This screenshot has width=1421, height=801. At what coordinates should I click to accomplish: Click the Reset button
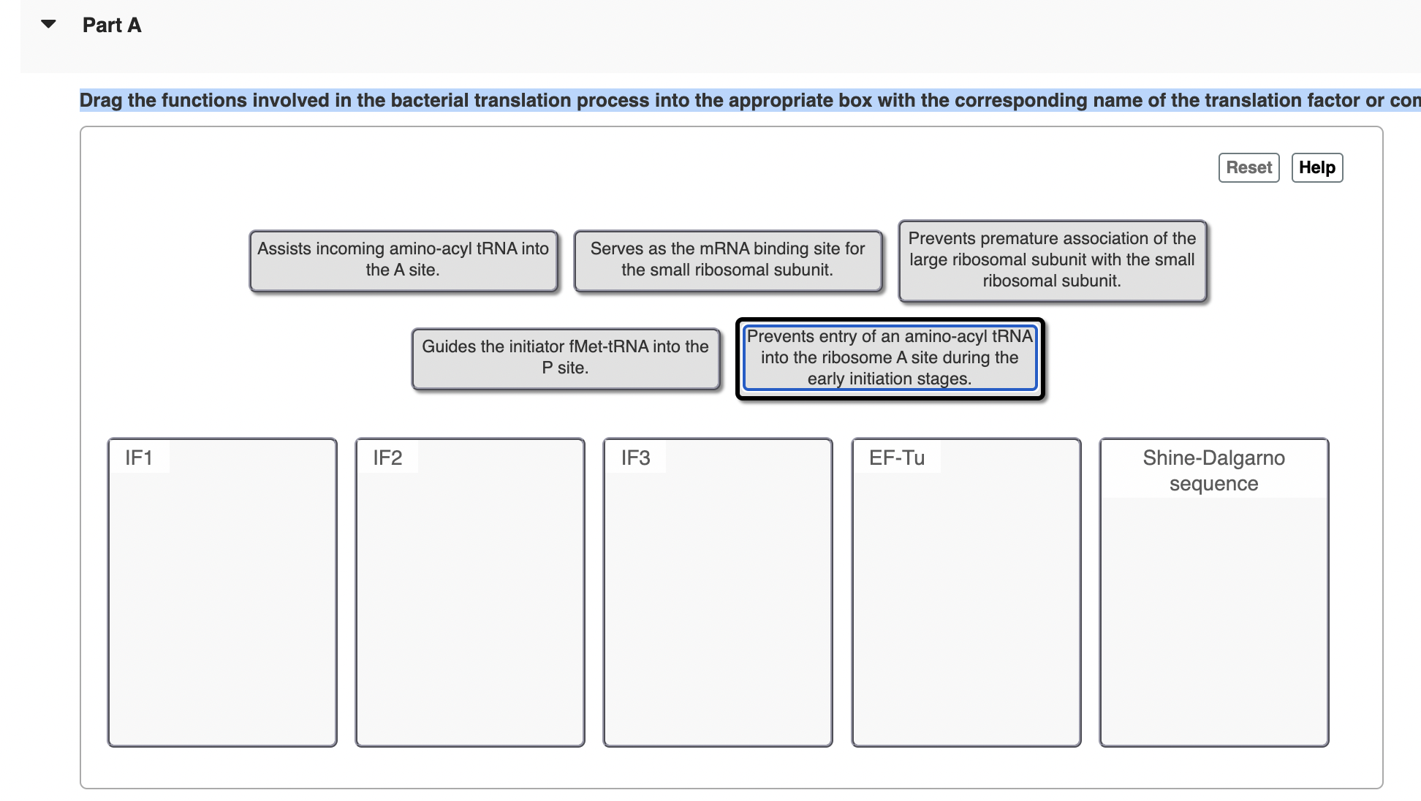pos(1248,167)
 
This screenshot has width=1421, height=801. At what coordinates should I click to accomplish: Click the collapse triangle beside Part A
pos(48,24)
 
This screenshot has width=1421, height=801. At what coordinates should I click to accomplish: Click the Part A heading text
pos(112,25)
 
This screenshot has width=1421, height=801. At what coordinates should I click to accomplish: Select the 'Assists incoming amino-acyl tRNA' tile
pos(403,260)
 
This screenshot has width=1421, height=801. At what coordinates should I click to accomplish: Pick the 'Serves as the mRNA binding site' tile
pos(727,260)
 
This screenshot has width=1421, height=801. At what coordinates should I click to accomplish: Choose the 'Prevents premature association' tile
pos(1051,260)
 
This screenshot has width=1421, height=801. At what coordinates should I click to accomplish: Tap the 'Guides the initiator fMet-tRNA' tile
pos(565,358)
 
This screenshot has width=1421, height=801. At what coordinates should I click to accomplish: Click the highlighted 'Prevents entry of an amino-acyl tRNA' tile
pos(889,358)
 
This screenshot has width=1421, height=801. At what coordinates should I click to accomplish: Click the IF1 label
pos(139,458)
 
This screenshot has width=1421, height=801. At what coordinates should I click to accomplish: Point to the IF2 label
pos(387,458)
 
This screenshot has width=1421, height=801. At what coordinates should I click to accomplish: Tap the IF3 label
pos(635,458)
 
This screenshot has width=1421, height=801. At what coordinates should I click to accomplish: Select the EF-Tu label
pos(896,458)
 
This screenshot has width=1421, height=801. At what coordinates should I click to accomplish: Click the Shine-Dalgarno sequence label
pos(1213,471)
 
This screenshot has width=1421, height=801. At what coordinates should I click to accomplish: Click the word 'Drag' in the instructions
pos(101,100)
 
